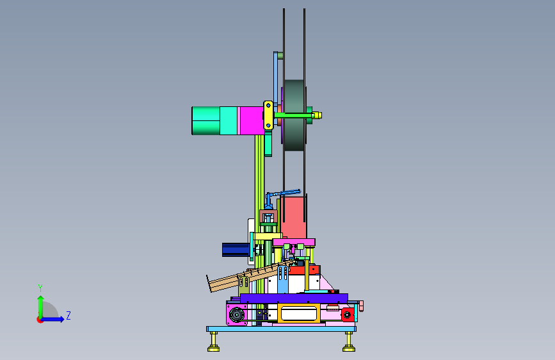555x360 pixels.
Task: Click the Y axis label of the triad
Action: click(40, 288)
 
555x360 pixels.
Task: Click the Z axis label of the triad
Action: click(68, 315)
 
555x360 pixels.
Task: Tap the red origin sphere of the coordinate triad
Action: click(40, 320)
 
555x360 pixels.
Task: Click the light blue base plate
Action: click(282, 329)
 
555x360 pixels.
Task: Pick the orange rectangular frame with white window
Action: click(299, 313)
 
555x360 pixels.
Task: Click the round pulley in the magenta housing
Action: click(236, 315)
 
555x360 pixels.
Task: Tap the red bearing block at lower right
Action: click(347, 315)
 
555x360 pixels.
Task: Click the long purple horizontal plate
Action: click(294, 299)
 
